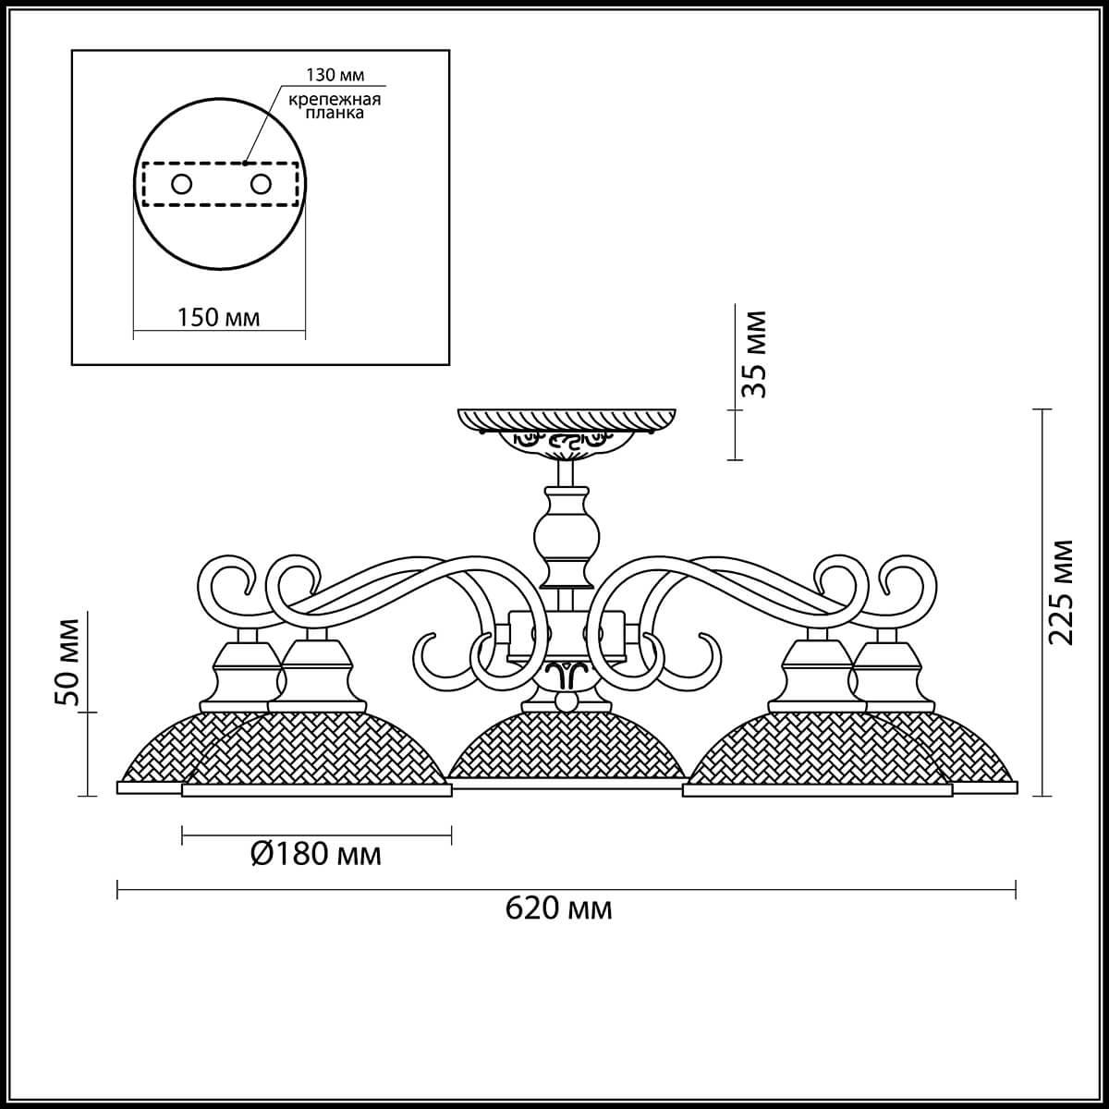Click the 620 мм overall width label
tap(558, 908)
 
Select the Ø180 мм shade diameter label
tap(315, 854)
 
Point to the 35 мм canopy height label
tap(756, 354)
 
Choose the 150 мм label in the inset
tap(218, 317)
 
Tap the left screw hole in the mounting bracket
tap(181, 184)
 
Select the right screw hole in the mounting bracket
tap(262, 184)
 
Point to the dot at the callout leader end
tap(246, 164)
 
